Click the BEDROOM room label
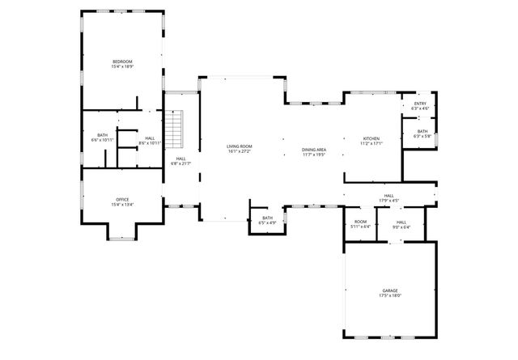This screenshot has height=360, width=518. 122,61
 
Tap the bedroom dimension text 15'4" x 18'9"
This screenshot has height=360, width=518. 122,67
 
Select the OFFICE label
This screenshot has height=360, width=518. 122,200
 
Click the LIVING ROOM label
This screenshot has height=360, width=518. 239,146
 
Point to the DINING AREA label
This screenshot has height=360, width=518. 313,150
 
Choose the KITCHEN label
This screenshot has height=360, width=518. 371,138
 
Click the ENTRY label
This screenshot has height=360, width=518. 420,104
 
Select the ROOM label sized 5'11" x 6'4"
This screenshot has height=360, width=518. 361,222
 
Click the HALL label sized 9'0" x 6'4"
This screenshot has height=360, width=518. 401,222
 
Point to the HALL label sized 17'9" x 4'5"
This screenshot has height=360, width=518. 389,196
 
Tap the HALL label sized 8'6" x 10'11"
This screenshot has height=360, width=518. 151,138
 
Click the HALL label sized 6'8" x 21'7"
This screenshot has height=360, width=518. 180,159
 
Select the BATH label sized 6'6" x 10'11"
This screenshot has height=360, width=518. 103,135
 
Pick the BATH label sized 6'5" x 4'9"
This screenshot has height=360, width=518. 267,218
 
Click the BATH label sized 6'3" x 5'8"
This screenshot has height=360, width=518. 422,131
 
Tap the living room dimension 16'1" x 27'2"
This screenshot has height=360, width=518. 239,151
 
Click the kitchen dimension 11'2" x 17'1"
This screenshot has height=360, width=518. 371,143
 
